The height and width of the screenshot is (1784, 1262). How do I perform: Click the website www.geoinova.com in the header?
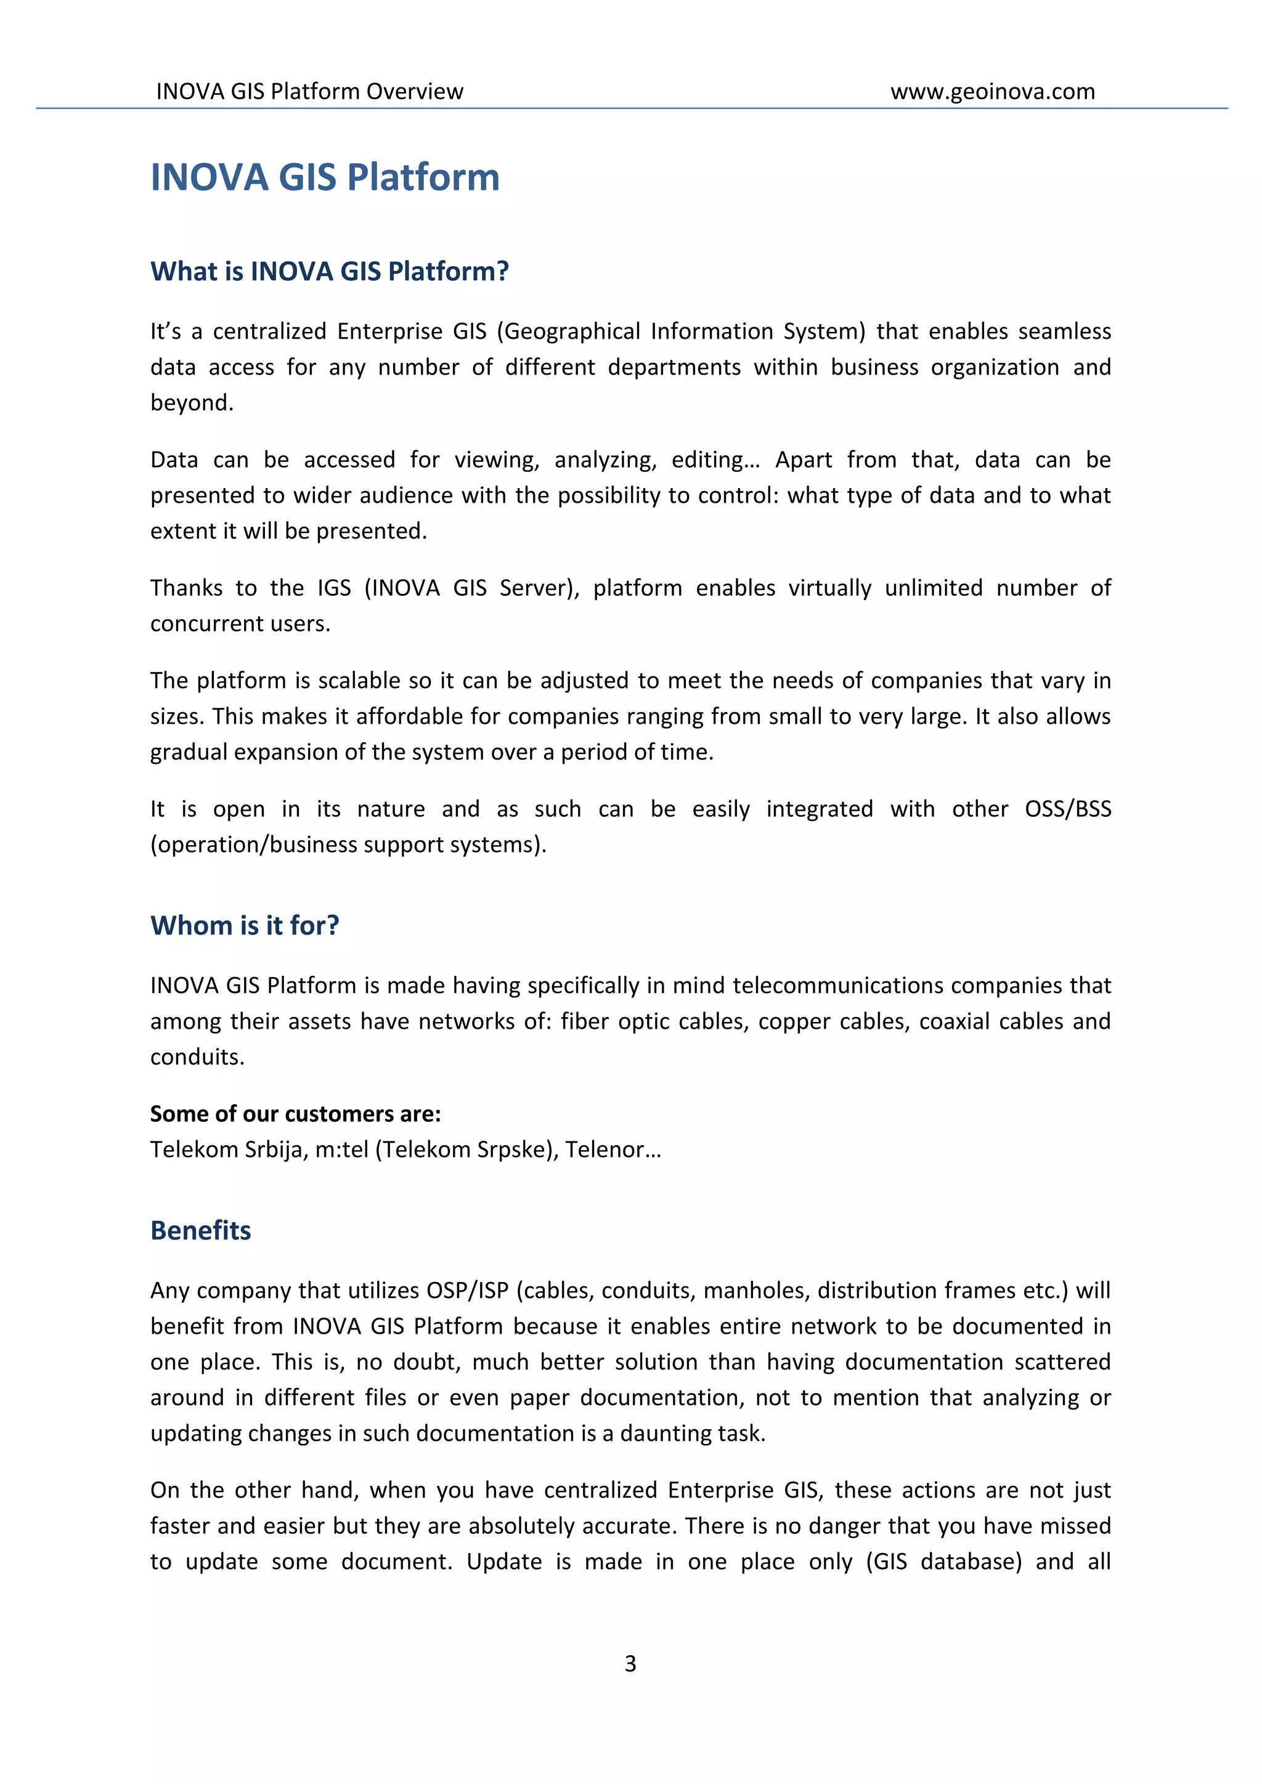coord(992,92)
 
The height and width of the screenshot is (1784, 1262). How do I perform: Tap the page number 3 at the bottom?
coord(630,1663)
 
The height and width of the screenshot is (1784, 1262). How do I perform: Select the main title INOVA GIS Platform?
coord(325,177)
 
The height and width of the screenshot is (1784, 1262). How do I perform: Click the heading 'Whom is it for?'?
coord(245,925)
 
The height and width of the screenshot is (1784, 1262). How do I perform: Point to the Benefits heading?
coord(200,1230)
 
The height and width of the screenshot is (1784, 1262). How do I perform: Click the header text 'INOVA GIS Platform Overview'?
coord(309,92)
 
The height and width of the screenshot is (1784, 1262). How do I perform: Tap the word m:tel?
coord(341,1149)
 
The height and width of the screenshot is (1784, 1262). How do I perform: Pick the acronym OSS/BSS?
coord(1068,809)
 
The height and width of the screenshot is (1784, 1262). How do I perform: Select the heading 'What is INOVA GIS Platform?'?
coord(330,271)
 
